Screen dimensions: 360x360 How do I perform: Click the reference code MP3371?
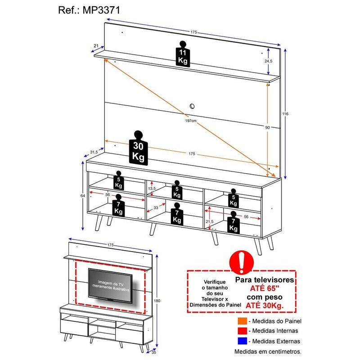pos(101,10)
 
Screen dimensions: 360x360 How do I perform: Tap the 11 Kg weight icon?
pos(183,54)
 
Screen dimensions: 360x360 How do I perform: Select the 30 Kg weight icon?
pos(138,148)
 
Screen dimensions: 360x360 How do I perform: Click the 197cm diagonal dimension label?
pos(191,121)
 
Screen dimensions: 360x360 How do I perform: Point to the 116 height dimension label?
pos(285,114)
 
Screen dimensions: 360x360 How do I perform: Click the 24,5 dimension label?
pos(268,61)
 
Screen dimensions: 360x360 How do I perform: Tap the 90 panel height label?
pos(267,128)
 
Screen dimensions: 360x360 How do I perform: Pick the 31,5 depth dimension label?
pos(94,152)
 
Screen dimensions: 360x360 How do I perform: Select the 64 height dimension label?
pos(83,196)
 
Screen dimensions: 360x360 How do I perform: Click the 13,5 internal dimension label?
pos(152,189)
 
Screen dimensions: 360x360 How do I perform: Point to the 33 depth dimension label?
pos(156,208)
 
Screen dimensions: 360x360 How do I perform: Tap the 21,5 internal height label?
pos(209,221)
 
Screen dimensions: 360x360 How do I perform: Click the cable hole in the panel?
pos(192,106)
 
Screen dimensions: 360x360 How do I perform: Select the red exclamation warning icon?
pos(242,262)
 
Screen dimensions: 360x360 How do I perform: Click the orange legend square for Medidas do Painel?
pos(243,321)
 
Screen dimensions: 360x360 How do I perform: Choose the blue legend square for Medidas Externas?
pos(243,341)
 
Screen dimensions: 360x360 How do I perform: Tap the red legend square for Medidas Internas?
pos(243,331)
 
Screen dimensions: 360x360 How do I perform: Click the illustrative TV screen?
pos(110,286)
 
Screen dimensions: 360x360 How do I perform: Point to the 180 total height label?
pos(157,301)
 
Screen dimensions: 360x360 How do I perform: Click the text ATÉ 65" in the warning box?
pos(265,288)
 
